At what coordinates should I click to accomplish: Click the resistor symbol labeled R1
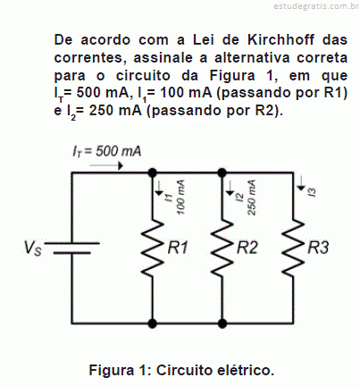click(153, 248)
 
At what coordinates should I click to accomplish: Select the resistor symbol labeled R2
click(222, 248)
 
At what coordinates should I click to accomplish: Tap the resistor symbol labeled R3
click(293, 248)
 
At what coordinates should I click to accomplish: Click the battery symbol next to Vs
click(71, 248)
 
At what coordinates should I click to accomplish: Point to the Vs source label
click(33, 248)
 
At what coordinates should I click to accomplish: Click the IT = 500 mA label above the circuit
click(106, 151)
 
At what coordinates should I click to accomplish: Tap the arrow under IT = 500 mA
click(106, 165)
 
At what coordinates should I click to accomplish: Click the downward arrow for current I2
click(230, 188)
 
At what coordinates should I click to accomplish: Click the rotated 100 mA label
click(180, 197)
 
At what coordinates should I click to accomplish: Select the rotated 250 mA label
click(251, 197)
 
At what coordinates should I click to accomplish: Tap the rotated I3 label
click(313, 192)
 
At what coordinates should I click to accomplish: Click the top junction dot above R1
click(153, 172)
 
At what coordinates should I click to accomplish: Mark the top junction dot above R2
click(222, 172)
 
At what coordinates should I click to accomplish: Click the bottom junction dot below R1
click(153, 323)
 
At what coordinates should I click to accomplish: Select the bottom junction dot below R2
click(222, 323)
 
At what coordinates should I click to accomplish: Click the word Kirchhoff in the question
click(280, 39)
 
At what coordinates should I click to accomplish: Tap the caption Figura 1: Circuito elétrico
click(181, 370)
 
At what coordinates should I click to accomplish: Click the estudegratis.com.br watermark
click(316, 6)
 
